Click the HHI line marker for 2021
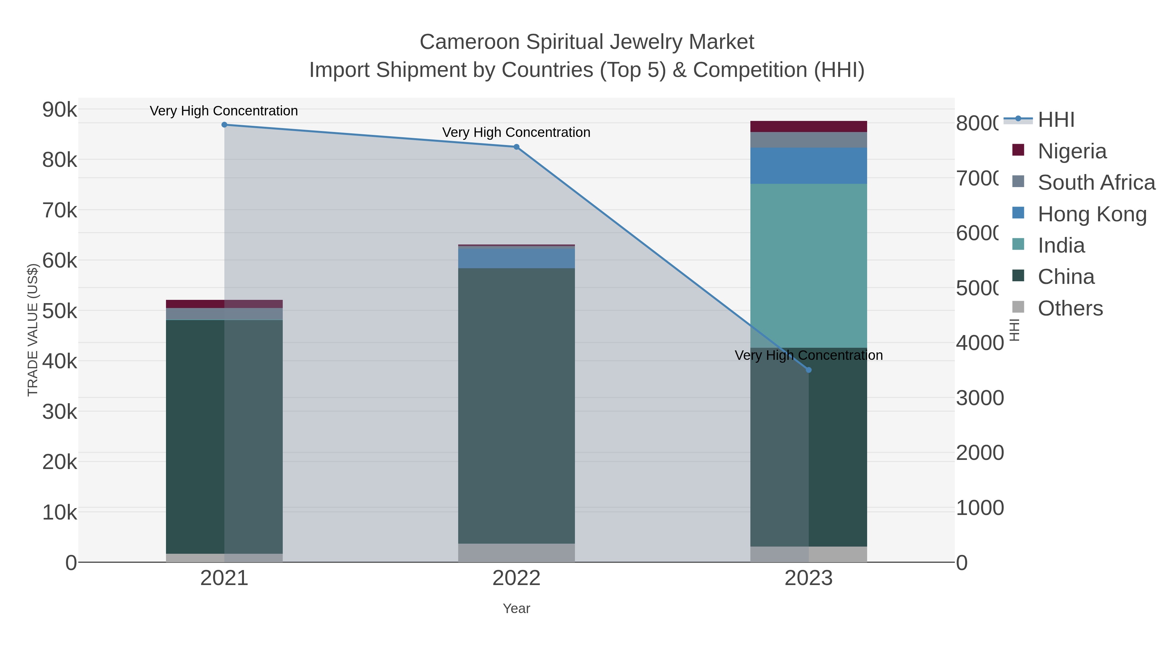pyautogui.click(x=224, y=125)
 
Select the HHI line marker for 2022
pyautogui.click(x=516, y=147)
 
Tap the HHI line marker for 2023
pyautogui.click(x=808, y=370)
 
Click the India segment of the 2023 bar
pyautogui.click(x=808, y=266)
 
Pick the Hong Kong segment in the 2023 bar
pyautogui.click(x=808, y=166)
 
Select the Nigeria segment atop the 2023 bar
pyautogui.click(x=808, y=127)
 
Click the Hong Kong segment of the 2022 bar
pyautogui.click(x=516, y=258)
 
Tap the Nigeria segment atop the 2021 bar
pyautogui.click(x=224, y=304)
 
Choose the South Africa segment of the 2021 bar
pyautogui.click(x=224, y=314)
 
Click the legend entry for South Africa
pyautogui.click(x=1096, y=183)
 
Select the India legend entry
pyautogui.click(x=1061, y=245)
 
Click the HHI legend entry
pyautogui.click(x=1056, y=120)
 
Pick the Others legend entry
pyautogui.click(x=1070, y=308)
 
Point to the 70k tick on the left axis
pyautogui.click(x=59, y=211)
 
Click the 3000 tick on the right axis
pyautogui.click(x=979, y=398)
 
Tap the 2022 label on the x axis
pyautogui.click(x=516, y=578)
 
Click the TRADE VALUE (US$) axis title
pyautogui.click(x=33, y=330)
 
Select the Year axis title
pyautogui.click(x=516, y=609)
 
